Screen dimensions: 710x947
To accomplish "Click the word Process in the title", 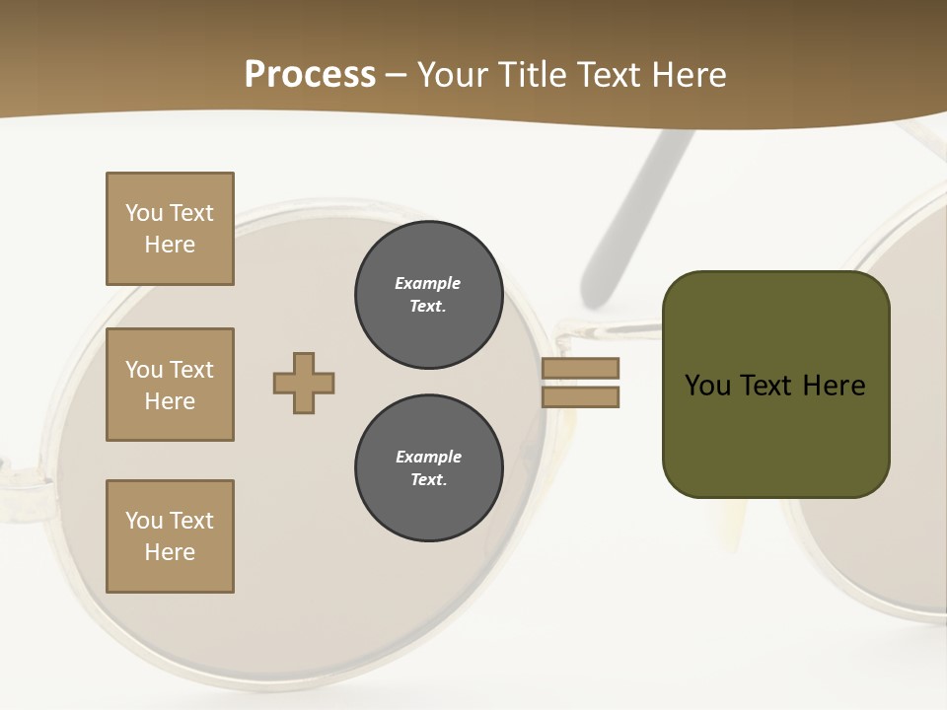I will (310, 75).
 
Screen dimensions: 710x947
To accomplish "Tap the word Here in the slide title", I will (687, 75).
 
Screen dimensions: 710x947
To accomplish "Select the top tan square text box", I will (170, 229).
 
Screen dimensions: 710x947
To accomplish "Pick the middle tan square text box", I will (170, 385).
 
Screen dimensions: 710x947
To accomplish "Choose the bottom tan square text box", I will (170, 536).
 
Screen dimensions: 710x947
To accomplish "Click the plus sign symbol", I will (304, 383).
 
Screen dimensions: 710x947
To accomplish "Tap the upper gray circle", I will (428, 295).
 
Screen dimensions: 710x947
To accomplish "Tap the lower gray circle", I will (428, 468).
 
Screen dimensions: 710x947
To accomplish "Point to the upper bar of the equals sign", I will (580, 368).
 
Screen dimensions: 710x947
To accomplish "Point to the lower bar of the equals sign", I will (580, 396).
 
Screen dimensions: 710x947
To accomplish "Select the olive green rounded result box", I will (775, 434).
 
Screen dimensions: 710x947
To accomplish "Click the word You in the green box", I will (707, 386).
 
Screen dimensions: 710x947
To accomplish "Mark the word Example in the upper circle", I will (428, 283).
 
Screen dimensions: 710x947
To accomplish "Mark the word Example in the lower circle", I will (428, 457).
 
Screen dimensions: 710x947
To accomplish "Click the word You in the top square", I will (143, 213).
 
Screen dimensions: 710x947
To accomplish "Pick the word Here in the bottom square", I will (170, 552).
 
